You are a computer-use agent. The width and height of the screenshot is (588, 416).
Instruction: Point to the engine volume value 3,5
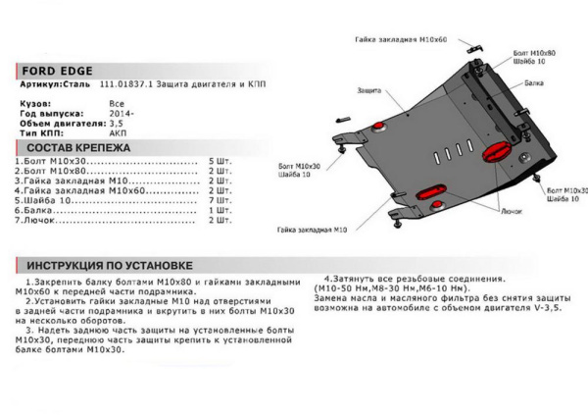pos(116,124)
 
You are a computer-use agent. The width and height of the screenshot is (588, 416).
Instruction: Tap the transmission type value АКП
pos(117,134)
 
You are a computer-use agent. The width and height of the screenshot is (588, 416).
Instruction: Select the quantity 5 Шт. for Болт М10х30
pos(219,160)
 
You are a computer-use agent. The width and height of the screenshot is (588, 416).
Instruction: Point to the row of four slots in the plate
pos(453,155)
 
